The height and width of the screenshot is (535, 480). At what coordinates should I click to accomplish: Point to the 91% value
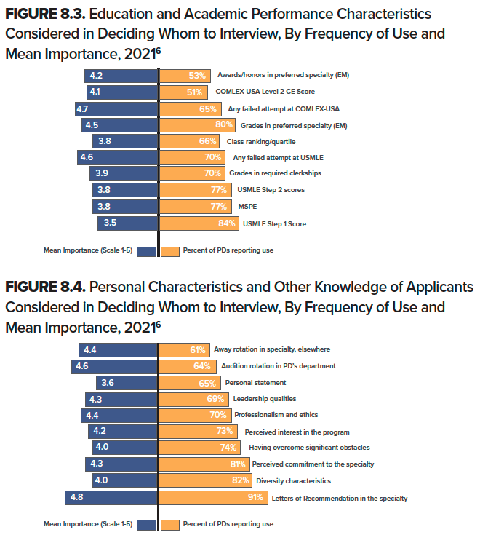255,499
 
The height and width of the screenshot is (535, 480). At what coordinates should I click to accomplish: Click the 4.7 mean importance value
82,108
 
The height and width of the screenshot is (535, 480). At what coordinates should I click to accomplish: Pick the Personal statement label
255,382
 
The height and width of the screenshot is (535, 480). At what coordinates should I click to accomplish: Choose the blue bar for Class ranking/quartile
124,141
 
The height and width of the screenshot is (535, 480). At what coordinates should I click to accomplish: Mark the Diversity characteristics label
293,480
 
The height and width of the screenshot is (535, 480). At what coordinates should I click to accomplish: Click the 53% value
197,75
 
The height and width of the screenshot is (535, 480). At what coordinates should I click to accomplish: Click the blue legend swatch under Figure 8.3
146,251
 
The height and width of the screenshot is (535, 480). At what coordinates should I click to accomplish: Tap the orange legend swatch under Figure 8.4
170,524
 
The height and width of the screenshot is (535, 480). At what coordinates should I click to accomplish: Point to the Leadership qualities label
264,399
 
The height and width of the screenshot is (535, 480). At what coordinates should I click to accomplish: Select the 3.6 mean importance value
107,382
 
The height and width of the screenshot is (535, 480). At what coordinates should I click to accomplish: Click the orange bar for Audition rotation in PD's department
186,365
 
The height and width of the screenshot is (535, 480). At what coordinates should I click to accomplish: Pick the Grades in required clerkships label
275,173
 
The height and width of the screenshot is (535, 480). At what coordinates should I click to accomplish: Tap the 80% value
213,124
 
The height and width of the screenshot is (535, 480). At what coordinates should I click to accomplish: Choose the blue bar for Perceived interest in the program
123,431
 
